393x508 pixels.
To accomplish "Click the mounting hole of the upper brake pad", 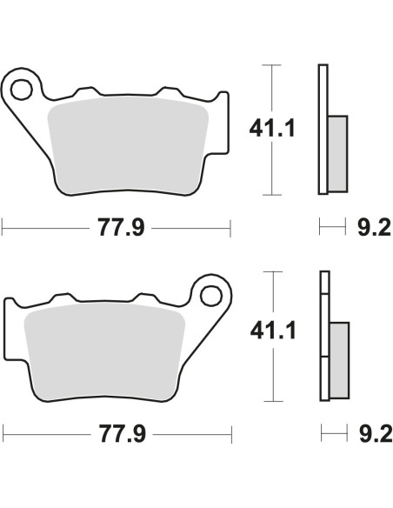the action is [x=22, y=89].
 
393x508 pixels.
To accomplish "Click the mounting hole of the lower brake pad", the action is [x=211, y=296].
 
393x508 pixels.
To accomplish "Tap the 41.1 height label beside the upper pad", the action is [x=272, y=128].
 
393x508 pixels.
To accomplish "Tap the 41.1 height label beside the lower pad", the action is [x=273, y=331].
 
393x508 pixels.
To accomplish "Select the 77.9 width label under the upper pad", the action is [x=121, y=227].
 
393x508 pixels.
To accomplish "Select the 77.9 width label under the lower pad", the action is [x=122, y=434].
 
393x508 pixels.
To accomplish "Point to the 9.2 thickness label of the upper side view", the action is [x=374, y=227].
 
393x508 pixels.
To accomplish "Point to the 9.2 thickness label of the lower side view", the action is [x=376, y=434].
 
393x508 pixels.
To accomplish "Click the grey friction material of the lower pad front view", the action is [x=104, y=351].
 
